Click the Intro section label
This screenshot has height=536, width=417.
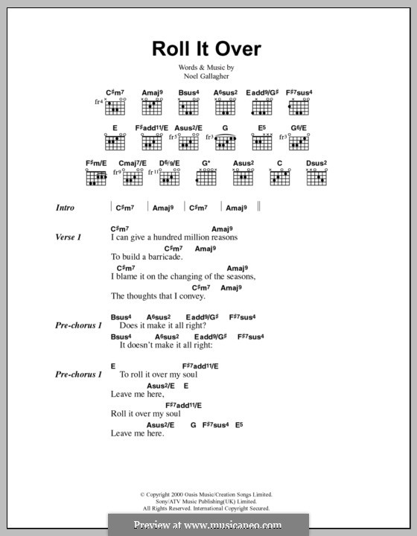[69, 208]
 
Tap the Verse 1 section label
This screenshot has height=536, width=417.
[69, 237]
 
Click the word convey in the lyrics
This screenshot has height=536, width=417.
[220, 296]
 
